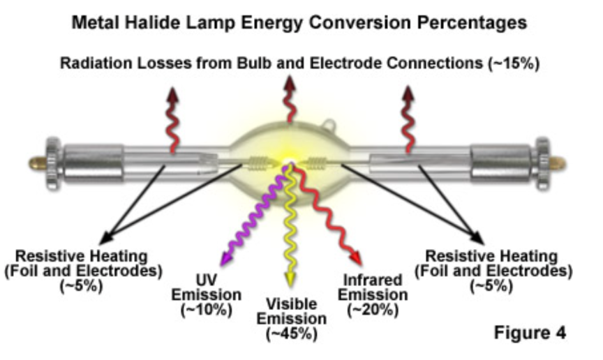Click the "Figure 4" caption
[530, 332]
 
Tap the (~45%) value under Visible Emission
[292, 334]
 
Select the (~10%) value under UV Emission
[206, 310]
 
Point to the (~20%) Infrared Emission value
[373, 310]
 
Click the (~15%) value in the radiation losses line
[514, 63]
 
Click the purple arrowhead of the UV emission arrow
[225, 258]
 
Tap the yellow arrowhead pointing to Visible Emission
[290, 279]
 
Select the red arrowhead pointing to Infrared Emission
[356, 257]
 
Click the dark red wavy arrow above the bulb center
[290, 99]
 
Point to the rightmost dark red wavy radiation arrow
[408, 119]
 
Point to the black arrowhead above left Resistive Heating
[107, 237]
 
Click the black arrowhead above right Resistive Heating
[477, 237]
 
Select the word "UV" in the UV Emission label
[207, 280]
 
